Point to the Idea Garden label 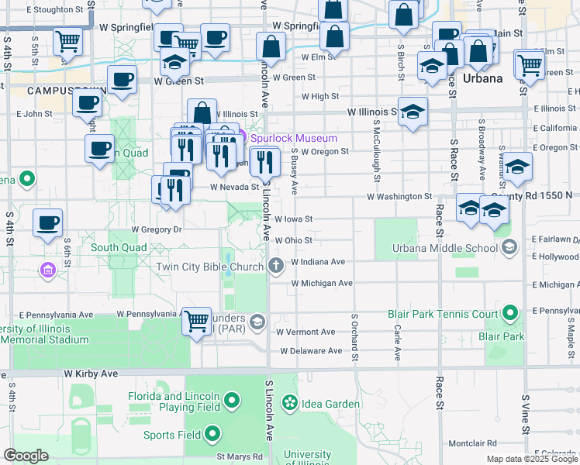coord(330,404)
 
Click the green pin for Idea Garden coord(290,403)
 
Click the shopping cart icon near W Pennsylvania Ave coord(197,319)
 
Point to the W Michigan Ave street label coord(322,284)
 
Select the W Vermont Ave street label coord(307,332)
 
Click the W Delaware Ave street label coord(311,351)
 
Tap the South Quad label coord(119,248)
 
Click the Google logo coord(26,456)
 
